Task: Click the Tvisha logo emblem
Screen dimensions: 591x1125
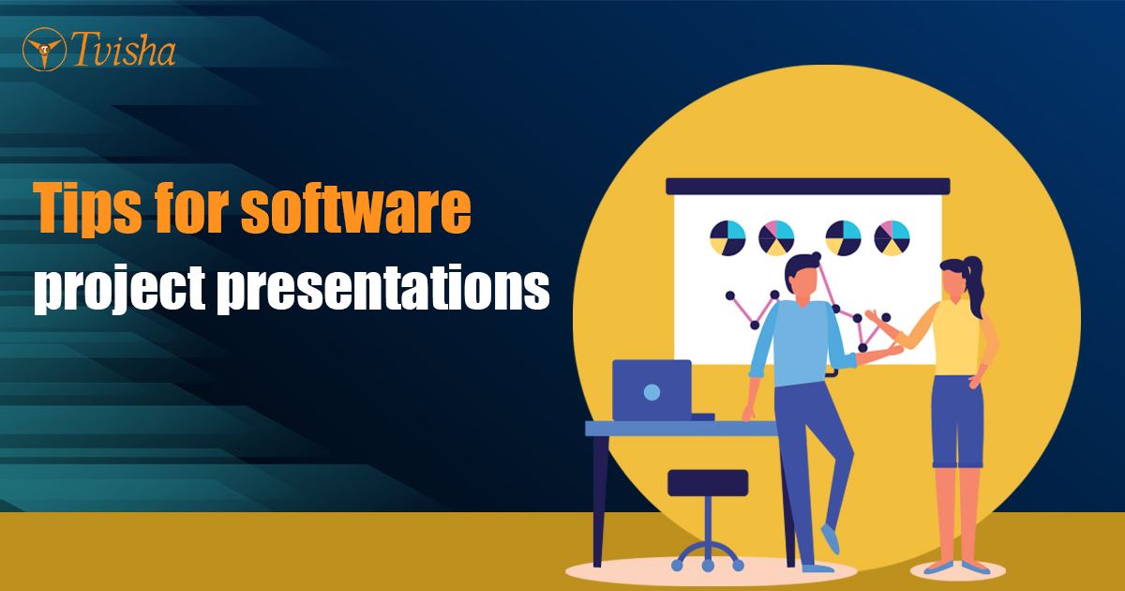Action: [43, 49]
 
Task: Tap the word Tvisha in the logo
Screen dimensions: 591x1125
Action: [122, 51]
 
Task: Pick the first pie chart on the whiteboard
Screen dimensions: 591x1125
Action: [727, 237]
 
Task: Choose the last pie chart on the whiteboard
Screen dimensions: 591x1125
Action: [892, 237]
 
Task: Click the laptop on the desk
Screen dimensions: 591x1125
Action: [652, 390]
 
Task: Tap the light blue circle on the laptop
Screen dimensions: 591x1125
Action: [652, 391]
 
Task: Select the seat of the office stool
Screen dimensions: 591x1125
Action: [708, 482]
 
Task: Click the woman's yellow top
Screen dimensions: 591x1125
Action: [955, 337]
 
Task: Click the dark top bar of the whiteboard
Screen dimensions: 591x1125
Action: [807, 186]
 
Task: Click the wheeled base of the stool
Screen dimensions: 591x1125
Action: [708, 553]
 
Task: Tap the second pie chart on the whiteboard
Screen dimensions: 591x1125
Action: [776, 237]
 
